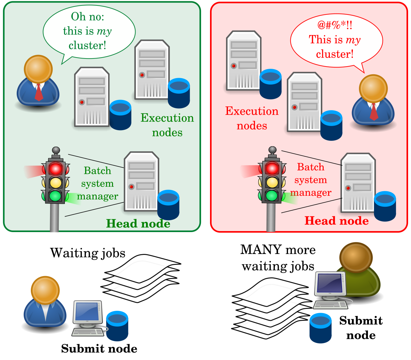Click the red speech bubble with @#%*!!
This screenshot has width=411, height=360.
coord(337,40)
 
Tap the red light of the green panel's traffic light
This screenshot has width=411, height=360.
coord(56,168)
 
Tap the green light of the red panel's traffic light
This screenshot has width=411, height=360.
coord(272,195)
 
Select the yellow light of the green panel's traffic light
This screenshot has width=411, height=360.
coord(56,183)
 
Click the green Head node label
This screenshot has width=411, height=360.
coord(138,223)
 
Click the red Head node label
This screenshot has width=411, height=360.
coord(337,221)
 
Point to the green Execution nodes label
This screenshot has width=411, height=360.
coord(167,125)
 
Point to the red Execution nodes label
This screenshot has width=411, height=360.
coord(252,118)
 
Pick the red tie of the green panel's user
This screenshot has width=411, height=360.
coord(39,92)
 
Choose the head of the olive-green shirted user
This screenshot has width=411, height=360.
coord(356,257)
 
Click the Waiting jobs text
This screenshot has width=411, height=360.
coord(88,253)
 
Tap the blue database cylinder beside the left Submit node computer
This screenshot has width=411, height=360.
coord(117,326)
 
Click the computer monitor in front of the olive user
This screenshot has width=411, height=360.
coord(330,284)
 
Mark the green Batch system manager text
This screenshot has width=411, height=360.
coord(97,183)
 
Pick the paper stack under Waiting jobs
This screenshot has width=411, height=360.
coord(141,279)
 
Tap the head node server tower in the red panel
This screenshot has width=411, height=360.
coord(358,183)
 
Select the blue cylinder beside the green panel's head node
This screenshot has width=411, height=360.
coord(168,205)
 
